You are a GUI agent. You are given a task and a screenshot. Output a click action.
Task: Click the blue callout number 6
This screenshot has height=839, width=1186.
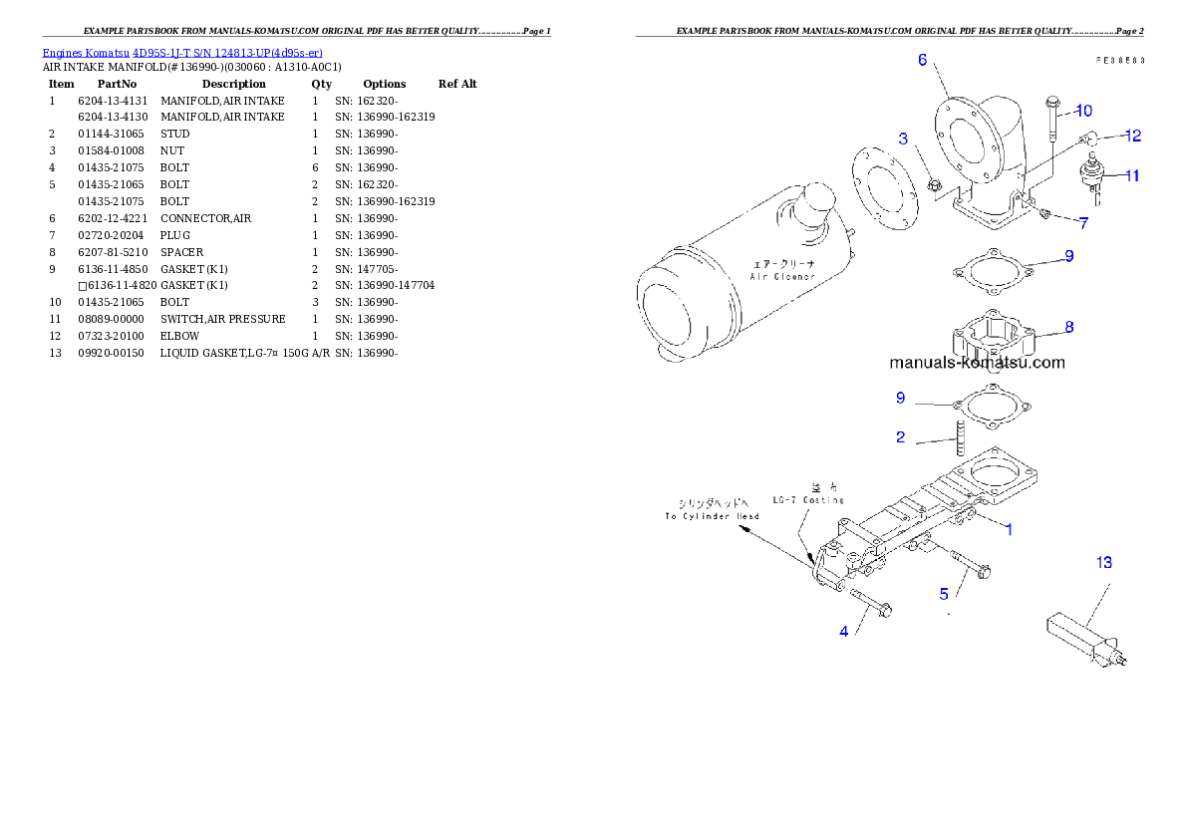pyautogui.click(x=923, y=60)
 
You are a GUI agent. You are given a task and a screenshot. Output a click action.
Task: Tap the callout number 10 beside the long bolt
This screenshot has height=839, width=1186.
pyautogui.click(x=1084, y=110)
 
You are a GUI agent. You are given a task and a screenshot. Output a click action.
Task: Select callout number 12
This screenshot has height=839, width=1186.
pyautogui.click(x=1133, y=135)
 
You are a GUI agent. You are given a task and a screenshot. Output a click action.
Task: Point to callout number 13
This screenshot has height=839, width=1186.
pyautogui.click(x=1104, y=563)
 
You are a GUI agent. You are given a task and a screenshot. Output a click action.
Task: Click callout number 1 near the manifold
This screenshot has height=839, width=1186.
pyautogui.click(x=1009, y=529)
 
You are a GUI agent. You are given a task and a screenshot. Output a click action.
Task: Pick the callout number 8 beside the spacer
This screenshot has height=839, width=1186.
pyautogui.click(x=1068, y=326)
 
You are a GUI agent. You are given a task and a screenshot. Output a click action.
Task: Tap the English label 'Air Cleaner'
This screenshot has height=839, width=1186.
pyautogui.click(x=782, y=276)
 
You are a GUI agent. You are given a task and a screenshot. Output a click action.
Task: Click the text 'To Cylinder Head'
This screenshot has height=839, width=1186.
pyautogui.click(x=712, y=516)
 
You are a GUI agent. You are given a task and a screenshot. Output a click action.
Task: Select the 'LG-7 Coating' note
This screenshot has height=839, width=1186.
pyautogui.click(x=808, y=499)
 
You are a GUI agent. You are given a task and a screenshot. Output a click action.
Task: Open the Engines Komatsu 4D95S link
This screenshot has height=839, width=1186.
pyautogui.click(x=182, y=52)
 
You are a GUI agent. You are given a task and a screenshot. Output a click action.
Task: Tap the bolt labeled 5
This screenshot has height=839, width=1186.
pyautogui.click(x=969, y=564)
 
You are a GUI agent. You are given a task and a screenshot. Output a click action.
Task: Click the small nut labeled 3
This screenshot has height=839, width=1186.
pyautogui.click(x=935, y=183)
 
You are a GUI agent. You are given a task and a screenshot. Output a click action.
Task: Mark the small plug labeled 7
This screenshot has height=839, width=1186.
pyautogui.click(x=1046, y=213)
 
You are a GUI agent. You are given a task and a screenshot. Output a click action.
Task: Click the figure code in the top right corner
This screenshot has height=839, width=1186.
pyautogui.click(x=1119, y=60)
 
